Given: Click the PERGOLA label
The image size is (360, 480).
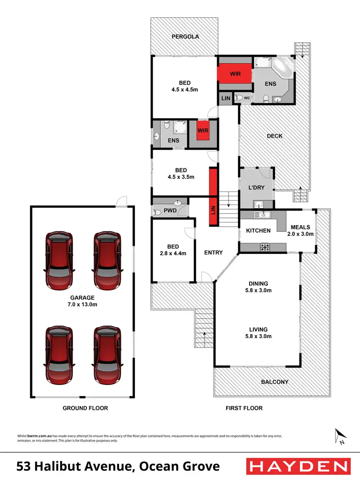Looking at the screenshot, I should click(x=185, y=36).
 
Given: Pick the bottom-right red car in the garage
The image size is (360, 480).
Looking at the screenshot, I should click(x=107, y=353).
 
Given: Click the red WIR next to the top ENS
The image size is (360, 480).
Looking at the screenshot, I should click(x=235, y=74).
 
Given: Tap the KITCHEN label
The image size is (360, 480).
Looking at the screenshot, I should click(x=258, y=231).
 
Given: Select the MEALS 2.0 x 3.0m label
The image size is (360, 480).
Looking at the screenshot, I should click(x=300, y=230).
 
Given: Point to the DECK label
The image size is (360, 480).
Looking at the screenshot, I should click(x=275, y=136).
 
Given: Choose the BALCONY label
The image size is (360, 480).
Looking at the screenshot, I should click(x=275, y=382).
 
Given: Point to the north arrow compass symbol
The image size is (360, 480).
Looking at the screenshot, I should click(x=340, y=436).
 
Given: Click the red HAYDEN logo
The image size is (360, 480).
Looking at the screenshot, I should click(x=297, y=466).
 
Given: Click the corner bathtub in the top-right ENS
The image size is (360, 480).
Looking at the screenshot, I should click(x=280, y=67).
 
